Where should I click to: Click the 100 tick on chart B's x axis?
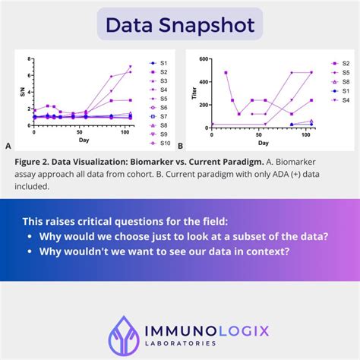tap(308, 134)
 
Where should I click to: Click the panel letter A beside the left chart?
tap(8, 146)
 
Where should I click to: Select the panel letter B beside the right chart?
tap(180, 146)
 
